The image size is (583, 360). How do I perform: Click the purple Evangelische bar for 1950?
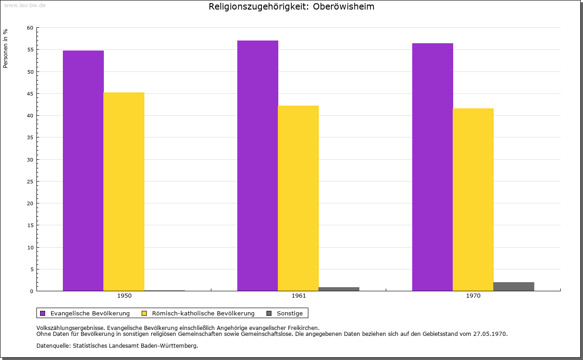pos(83,171)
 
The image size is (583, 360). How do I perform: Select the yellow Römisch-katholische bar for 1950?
pos(124,192)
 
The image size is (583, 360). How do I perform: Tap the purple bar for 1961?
pos(258,166)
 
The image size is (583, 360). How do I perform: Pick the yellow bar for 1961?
pos(298,198)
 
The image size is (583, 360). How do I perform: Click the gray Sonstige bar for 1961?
pos(339,289)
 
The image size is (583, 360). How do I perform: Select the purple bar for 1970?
pos(433,167)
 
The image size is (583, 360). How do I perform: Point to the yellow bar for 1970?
pos(473,199)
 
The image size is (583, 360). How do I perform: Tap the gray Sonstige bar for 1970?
pos(514,286)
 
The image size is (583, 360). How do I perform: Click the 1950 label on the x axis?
pos(124,296)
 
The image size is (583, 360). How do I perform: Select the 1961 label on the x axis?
pos(299,296)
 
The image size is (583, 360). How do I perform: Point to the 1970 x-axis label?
pos(473,296)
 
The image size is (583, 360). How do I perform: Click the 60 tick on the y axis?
pos(30,28)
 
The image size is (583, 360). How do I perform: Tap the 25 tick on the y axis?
pos(30,182)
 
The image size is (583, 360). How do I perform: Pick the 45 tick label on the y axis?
pos(30,94)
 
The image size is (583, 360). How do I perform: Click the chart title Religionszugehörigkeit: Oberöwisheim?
pos(291,6)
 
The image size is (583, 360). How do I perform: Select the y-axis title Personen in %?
pos(5,48)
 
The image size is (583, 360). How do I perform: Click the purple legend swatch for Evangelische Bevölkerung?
pos(43,313)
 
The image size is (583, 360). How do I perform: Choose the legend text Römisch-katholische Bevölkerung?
pos(203,313)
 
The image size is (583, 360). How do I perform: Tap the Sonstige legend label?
pos(290,313)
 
